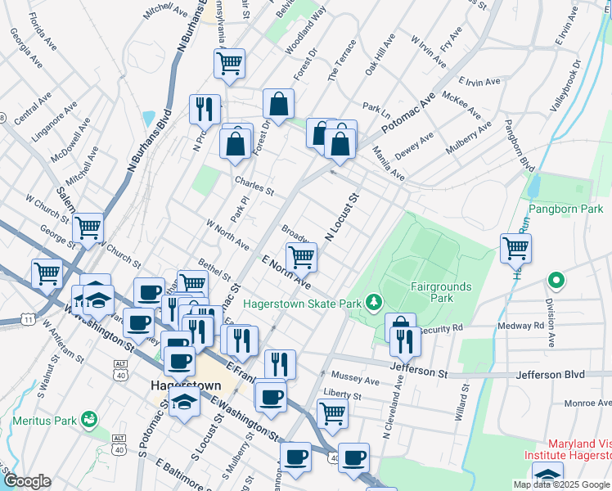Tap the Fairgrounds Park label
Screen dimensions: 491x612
click(442, 292)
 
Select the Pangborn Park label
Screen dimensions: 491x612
click(565, 209)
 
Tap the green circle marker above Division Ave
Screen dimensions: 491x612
click(556, 282)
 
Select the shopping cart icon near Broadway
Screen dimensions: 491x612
click(302, 256)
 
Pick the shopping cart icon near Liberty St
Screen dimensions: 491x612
click(332, 412)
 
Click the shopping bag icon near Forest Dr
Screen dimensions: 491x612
click(278, 104)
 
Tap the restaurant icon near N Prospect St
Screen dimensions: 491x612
click(204, 109)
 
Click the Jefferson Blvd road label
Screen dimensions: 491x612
click(551, 374)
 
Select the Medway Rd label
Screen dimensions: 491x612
click(527, 326)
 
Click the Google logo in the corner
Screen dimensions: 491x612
click(27, 481)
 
